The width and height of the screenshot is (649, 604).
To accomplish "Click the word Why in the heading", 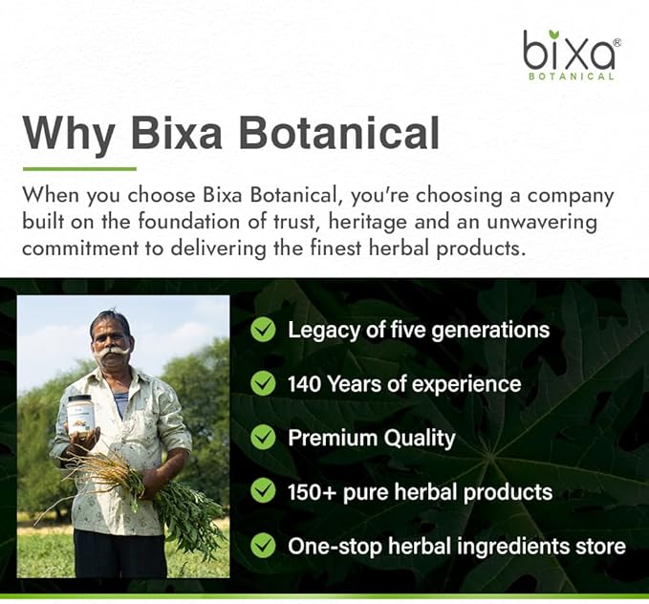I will click(67, 133).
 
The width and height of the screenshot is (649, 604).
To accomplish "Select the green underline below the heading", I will click(78, 168).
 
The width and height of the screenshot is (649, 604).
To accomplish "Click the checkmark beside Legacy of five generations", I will click(263, 330).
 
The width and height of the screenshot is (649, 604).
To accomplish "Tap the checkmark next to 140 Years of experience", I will click(263, 383).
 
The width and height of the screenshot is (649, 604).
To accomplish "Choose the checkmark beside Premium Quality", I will click(263, 438).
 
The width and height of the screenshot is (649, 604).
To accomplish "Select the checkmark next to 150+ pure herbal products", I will click(263, 492).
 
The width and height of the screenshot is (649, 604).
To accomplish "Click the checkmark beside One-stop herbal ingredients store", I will click(263, 547).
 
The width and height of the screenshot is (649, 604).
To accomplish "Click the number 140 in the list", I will click(307, 383).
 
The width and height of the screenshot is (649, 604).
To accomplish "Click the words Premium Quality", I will click(371, 438).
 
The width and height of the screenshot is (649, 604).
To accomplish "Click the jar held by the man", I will click(81, 415).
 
